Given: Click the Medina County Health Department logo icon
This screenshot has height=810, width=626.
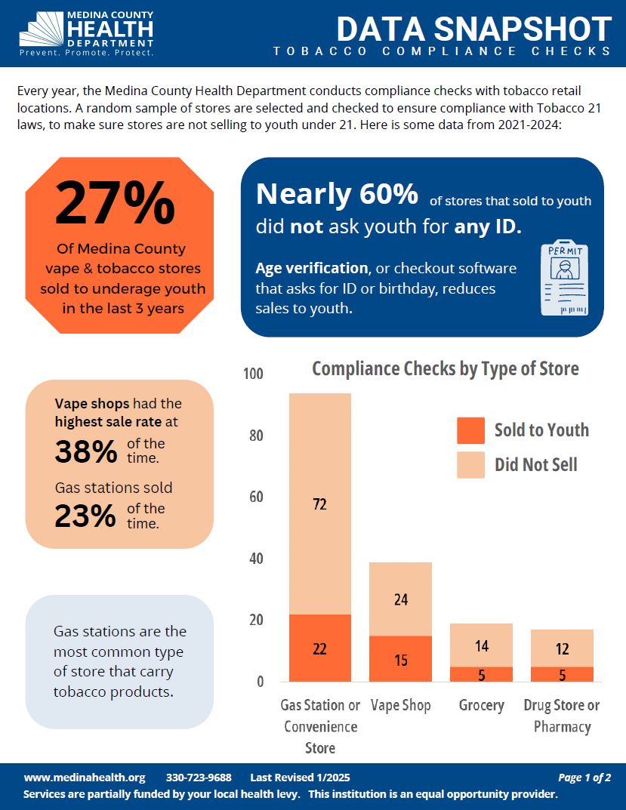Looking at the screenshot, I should point(42,30).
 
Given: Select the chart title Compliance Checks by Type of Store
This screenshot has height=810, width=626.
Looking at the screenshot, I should point(446,368).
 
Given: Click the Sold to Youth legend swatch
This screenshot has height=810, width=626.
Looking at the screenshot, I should point(470,430).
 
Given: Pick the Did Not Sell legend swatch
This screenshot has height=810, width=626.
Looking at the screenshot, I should point(470,464).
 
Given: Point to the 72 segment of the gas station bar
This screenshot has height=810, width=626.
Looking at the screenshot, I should point(319,504).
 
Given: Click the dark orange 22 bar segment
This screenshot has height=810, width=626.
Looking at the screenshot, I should point(319,648).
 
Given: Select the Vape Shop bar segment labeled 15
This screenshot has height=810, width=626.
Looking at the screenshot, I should point(400,659).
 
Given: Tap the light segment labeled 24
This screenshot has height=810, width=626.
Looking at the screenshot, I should point(400,599).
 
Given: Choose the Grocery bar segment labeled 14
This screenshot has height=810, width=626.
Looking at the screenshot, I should point(481,645).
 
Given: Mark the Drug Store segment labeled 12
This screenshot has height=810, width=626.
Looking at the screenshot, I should point(562,648).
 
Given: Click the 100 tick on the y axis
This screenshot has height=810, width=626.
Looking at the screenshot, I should point(254,374).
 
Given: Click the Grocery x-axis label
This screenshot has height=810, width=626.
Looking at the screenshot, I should point(481,705).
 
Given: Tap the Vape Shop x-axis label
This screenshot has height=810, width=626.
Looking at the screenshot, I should point(400,705).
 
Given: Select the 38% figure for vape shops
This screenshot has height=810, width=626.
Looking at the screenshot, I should point(86,451).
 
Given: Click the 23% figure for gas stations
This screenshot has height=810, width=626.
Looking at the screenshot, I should point(85,516).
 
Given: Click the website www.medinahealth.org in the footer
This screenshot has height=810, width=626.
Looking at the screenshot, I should point(84,778).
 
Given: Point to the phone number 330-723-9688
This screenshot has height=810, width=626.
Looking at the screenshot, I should point(199,778).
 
